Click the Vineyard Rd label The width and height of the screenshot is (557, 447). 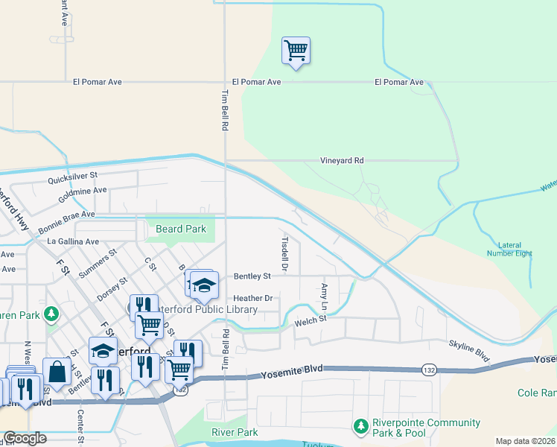pos(342,160)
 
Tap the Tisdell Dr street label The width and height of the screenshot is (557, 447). pos(284,253)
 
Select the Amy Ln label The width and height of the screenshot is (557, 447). pos(324,297)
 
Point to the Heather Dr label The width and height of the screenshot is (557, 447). pos(254,299)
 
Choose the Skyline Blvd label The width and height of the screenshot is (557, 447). pos(468,351)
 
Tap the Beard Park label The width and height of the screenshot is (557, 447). pos(181,229)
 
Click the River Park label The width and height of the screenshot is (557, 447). pos(235,432)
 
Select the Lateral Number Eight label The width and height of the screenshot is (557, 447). pos(515,249)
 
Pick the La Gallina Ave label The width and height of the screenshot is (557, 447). pos(73,241)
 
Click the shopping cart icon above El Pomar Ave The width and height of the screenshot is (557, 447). pos(296,51)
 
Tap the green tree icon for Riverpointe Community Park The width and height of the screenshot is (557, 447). pos(361,425)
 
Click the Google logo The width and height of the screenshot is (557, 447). pos(24,438)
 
